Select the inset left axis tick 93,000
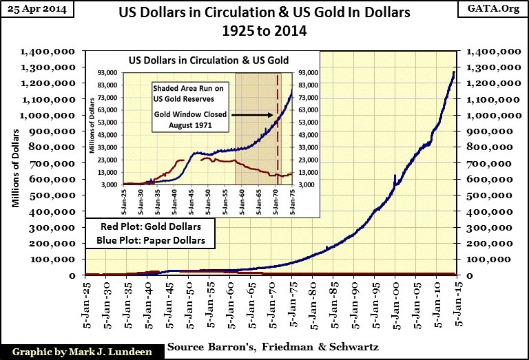[x=110, y=72]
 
